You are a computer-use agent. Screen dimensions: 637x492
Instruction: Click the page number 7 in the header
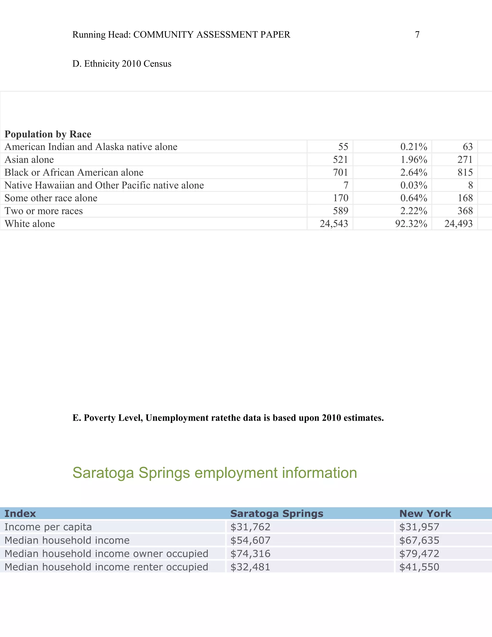click(417, 35)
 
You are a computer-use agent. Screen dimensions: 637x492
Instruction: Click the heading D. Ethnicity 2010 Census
click(122, 64)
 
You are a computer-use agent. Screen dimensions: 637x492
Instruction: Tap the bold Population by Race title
click(48, 134)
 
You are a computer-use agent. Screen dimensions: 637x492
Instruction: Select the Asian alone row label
click(29, 160)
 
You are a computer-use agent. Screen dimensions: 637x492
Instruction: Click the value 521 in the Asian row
click(340, 160)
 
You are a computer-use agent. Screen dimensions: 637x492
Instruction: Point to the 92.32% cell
click(411, 224)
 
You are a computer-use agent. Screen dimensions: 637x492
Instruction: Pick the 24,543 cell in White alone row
click(334, 224)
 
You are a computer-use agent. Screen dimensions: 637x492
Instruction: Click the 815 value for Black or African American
click(465, 172)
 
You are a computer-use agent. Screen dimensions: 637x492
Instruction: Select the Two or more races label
click(44, 211)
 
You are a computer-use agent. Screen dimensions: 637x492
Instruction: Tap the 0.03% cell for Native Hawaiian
click(414, 185)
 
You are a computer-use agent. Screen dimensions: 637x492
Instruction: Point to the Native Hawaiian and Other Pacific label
click(104, 185)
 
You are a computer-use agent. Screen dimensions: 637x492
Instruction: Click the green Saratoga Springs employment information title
click(215, 473)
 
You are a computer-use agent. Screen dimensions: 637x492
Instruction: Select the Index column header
click(20, 513)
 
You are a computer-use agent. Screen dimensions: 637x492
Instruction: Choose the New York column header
click(425, 513)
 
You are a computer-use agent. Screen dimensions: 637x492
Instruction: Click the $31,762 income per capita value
click(250, 527)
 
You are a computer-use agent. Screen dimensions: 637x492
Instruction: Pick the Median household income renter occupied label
click(106, 567)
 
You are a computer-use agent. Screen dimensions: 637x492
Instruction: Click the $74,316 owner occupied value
click(250, 553)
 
